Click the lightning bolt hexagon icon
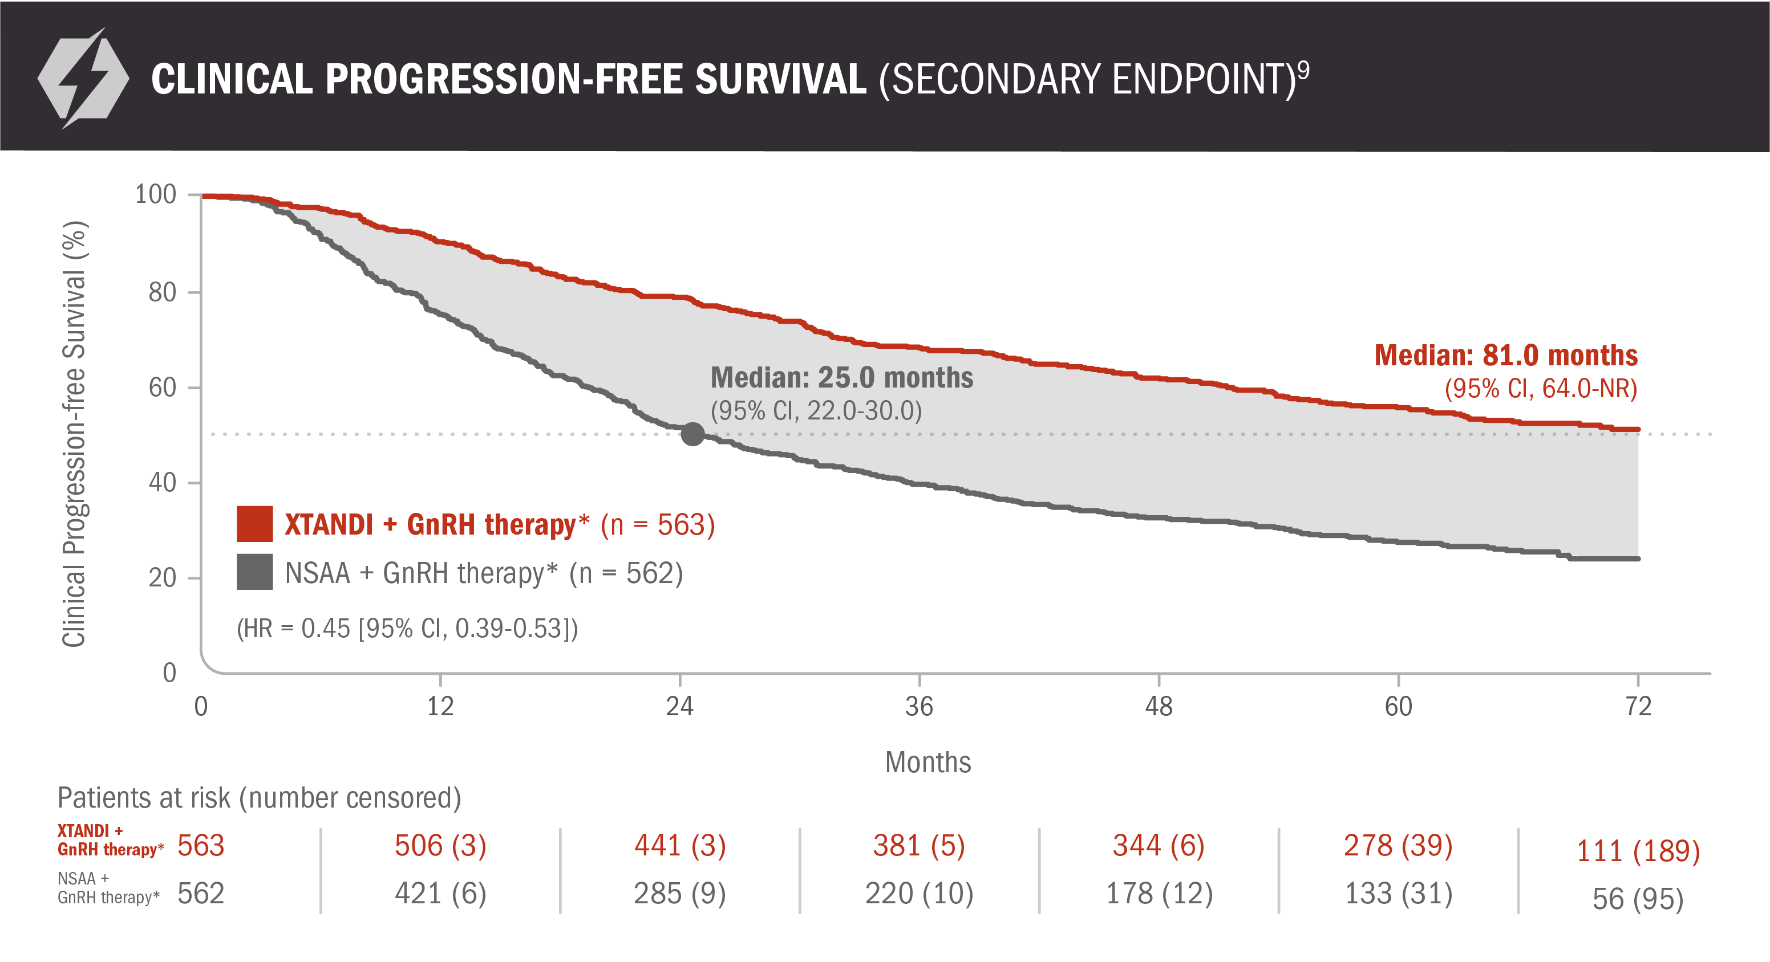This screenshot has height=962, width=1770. click(83, 78)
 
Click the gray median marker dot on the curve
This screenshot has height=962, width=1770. click(692, 434)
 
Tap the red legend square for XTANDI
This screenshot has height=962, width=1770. click(254, 524)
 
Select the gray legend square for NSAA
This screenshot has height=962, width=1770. click(254, 572)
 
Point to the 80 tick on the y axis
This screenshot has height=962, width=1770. click(163, 292)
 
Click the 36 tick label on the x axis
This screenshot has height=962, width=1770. click(919, 707)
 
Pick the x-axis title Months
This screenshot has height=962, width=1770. click(927, 762)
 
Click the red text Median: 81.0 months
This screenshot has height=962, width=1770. click(1505, 356)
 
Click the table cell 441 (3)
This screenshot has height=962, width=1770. click(679, 845)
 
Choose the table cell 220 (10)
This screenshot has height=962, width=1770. click(919, 894)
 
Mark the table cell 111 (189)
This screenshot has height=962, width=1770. click(1638, 851)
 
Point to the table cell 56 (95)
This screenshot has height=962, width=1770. click(1638, 899)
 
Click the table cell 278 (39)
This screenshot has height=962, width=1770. click(1398, 845)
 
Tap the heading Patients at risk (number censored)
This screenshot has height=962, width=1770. click(259, 798)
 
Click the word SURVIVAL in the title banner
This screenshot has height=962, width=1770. click(780, 79)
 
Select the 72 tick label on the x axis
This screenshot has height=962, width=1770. click(1638, 707)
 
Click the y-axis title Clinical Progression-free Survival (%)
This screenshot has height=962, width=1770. click(74, 434)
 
